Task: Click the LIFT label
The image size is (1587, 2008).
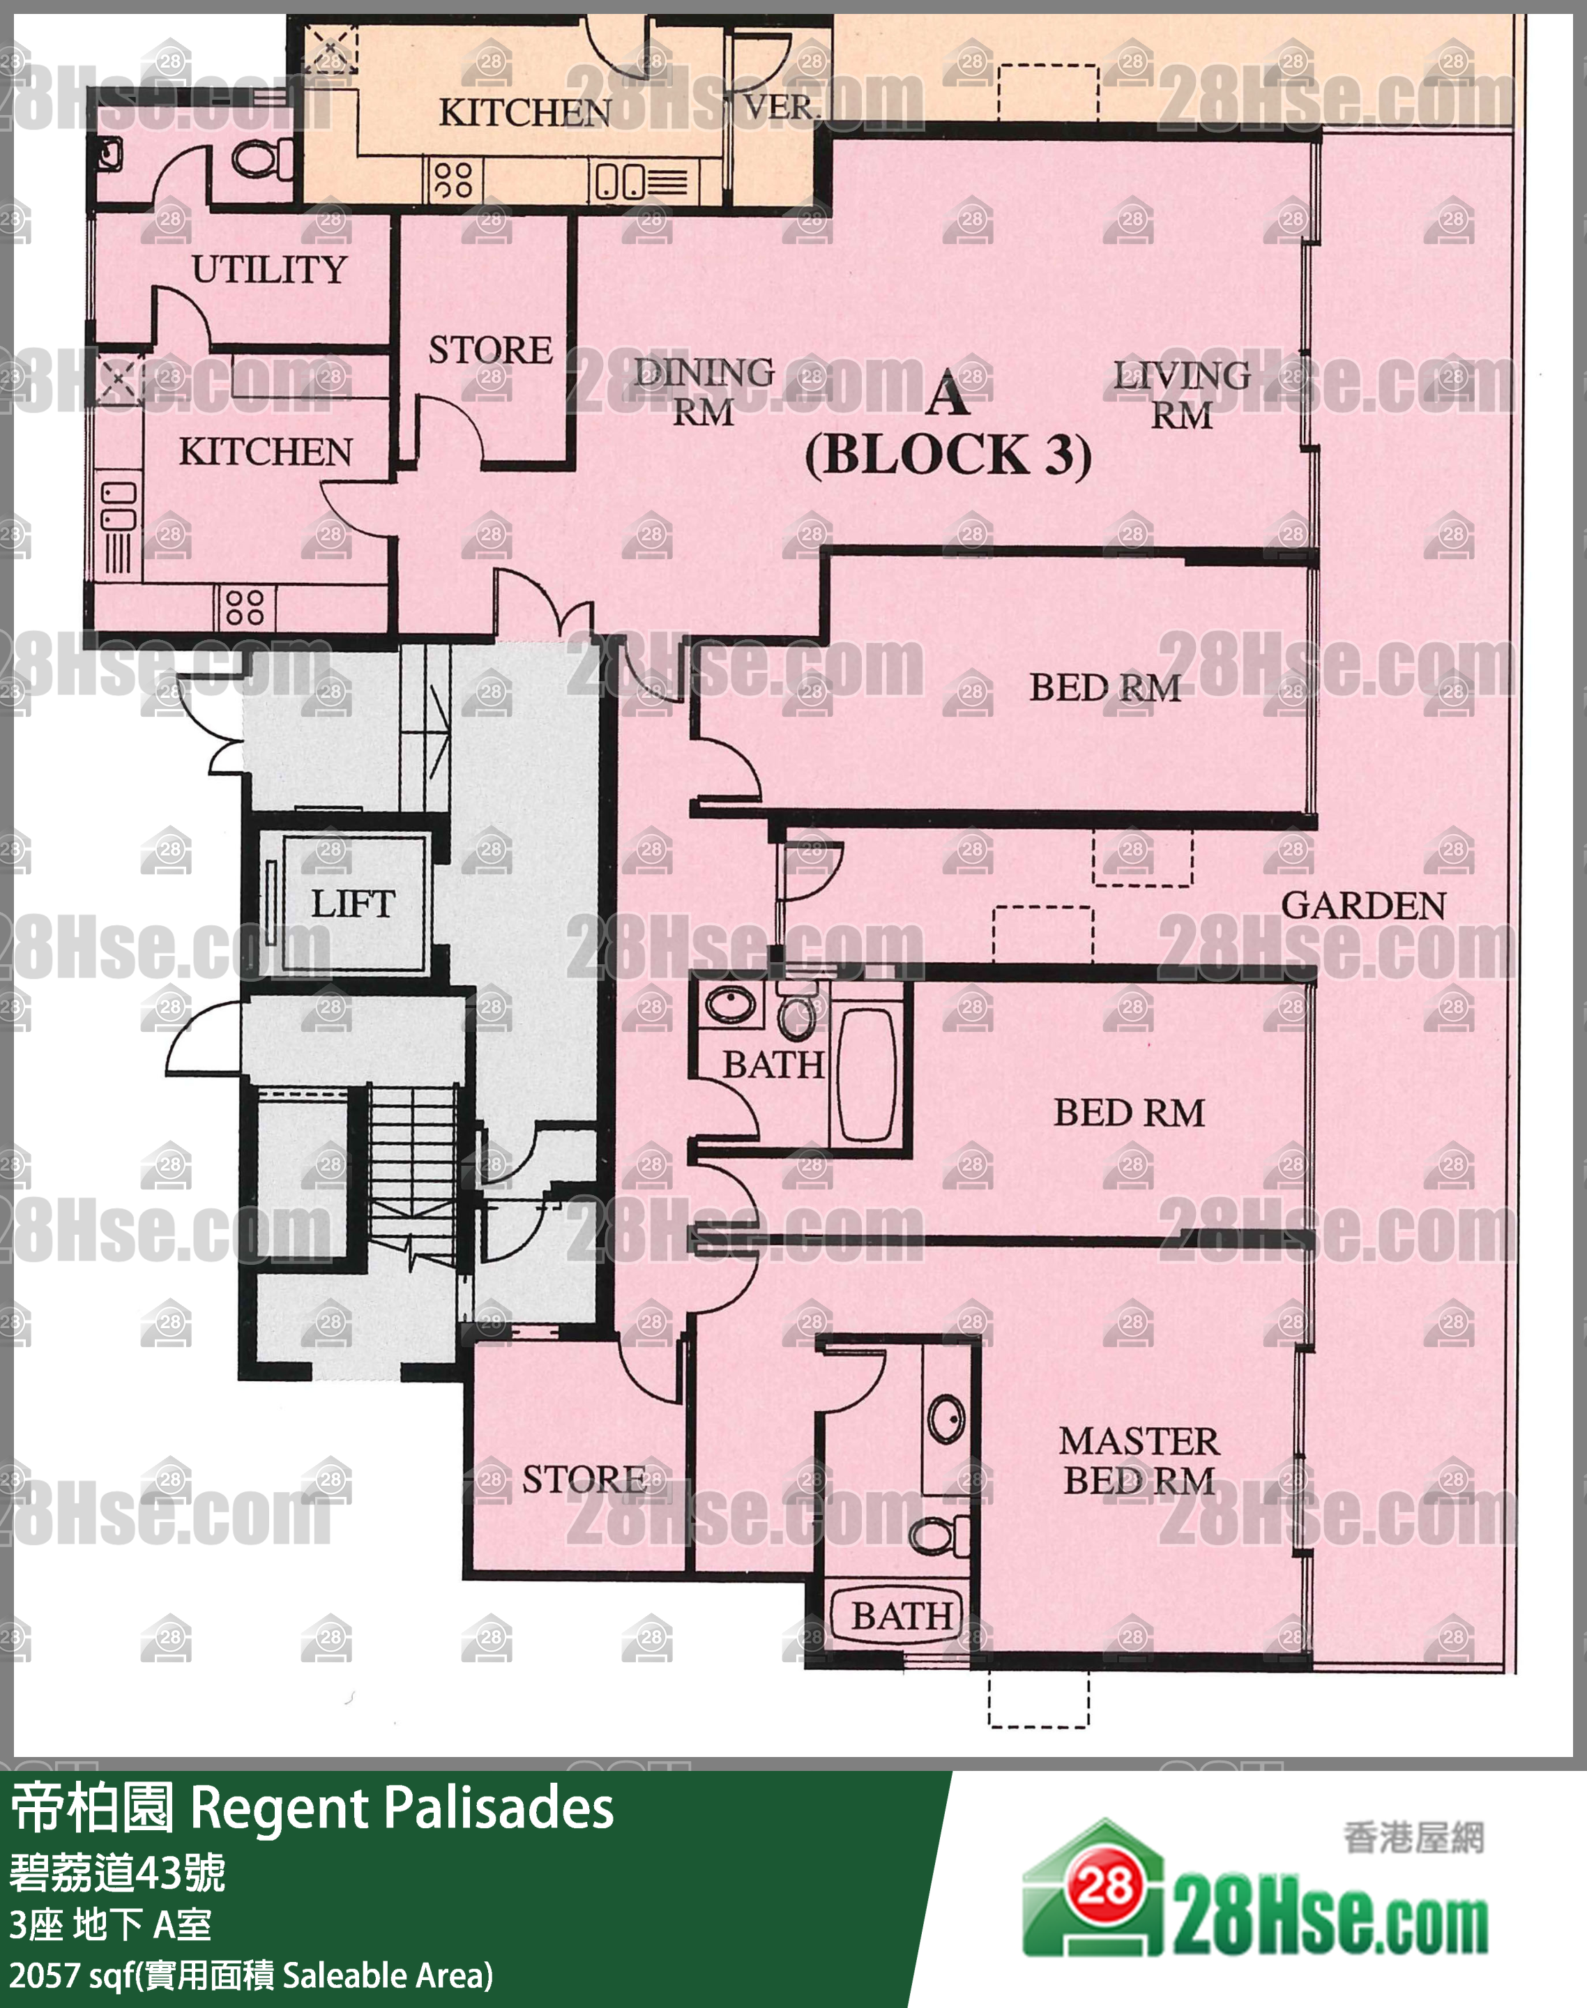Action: coord(353,903)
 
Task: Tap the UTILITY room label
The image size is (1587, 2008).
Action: coord(269,269)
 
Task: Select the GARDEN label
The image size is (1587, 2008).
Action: coord(1363,906)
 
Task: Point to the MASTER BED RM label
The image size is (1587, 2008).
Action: coord(1139,1461)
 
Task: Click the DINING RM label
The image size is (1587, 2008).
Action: coord(704,392)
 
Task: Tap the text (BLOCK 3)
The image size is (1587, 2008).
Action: coord(948,455)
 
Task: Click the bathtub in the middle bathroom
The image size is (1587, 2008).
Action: coord(867,1074)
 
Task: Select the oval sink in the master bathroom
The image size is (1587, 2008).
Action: coord(947,1419)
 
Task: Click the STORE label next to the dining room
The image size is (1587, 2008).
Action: coord(491,350)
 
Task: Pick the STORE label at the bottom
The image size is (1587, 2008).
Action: coord(584,1480)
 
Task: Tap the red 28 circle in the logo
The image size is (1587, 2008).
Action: coord(1104,1886)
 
